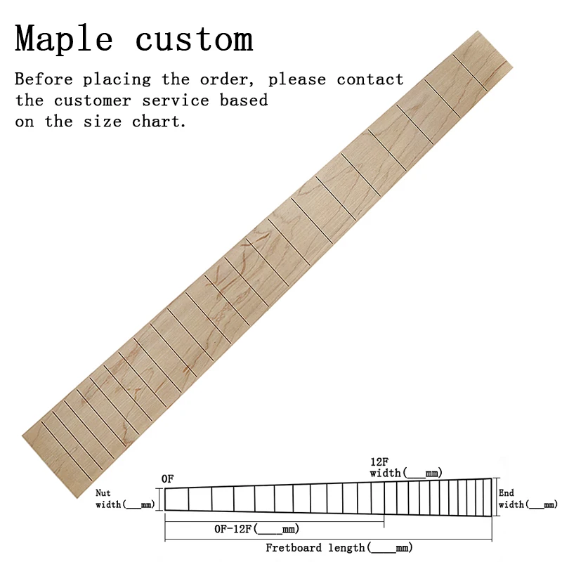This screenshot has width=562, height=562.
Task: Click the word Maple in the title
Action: (x=64, y=39)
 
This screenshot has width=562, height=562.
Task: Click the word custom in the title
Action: (x=195, y=39)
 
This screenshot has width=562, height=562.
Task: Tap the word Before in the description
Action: (x=44, y=79)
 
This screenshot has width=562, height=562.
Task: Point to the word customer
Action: (x=93, y=100)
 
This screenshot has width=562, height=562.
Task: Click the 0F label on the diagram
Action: (x=167, y=479)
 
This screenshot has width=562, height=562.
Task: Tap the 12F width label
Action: (x=406, y=467)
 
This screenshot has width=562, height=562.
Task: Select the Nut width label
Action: (x=125, y=499)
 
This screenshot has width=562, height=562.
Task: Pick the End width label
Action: (x=528, y=499)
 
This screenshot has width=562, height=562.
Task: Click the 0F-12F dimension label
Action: (x=256, y=529)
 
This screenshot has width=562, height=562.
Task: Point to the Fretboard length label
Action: (x=339, y=548)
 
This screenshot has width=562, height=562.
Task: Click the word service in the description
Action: (x=175, y=100)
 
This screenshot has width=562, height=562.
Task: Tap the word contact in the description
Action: (x=370, y=79)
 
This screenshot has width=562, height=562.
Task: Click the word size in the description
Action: (x=102, y=122)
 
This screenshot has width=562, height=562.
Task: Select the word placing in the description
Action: (x=117, y=79)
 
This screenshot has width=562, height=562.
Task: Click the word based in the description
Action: (x=244, y=100)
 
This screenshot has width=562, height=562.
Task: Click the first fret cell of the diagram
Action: (x=177, y=499)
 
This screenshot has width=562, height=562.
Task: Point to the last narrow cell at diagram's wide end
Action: (x=487, y=497)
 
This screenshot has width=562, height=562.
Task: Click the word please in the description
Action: (x=297, y=79)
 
